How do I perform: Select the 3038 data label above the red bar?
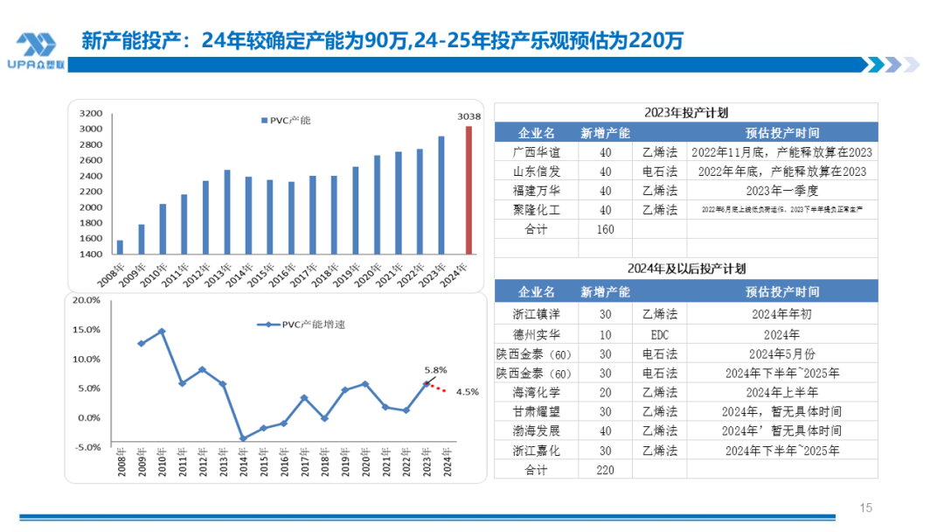[469, 116]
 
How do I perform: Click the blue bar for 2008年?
[120, 248]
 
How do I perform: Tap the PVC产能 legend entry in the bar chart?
[285, 120]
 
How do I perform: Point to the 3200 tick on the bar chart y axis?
[91, 114]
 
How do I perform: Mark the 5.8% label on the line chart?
[436, 369]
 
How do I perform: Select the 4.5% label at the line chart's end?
[468, 392]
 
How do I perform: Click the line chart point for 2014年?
[243, 438]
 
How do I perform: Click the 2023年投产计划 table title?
[686, 113]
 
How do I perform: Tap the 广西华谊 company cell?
[536, 152]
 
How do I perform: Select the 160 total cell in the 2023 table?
[606, 229]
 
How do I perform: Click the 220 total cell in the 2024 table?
[606, 470]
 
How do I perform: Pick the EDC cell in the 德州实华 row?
[659, 334]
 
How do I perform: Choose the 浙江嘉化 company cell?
[536, 451]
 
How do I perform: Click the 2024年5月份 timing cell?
[782, 353]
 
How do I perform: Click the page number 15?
[866, 507]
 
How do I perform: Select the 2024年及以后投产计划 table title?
[686, 269]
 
